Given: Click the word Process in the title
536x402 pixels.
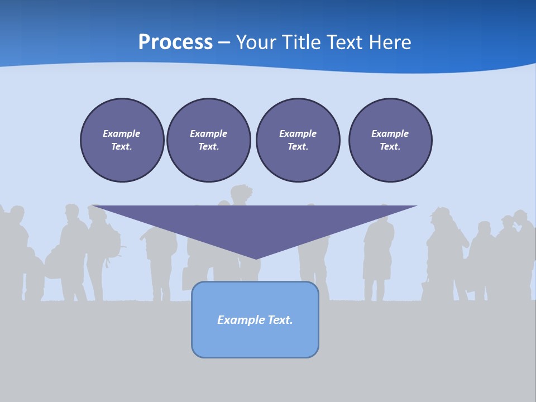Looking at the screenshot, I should (175, 42).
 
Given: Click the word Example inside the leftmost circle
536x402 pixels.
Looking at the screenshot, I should (122, 133).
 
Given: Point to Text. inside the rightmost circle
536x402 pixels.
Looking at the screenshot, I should (390, 147).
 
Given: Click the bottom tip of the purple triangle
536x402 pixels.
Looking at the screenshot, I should (256, 258).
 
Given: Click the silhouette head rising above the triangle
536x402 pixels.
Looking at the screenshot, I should (241, 194).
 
